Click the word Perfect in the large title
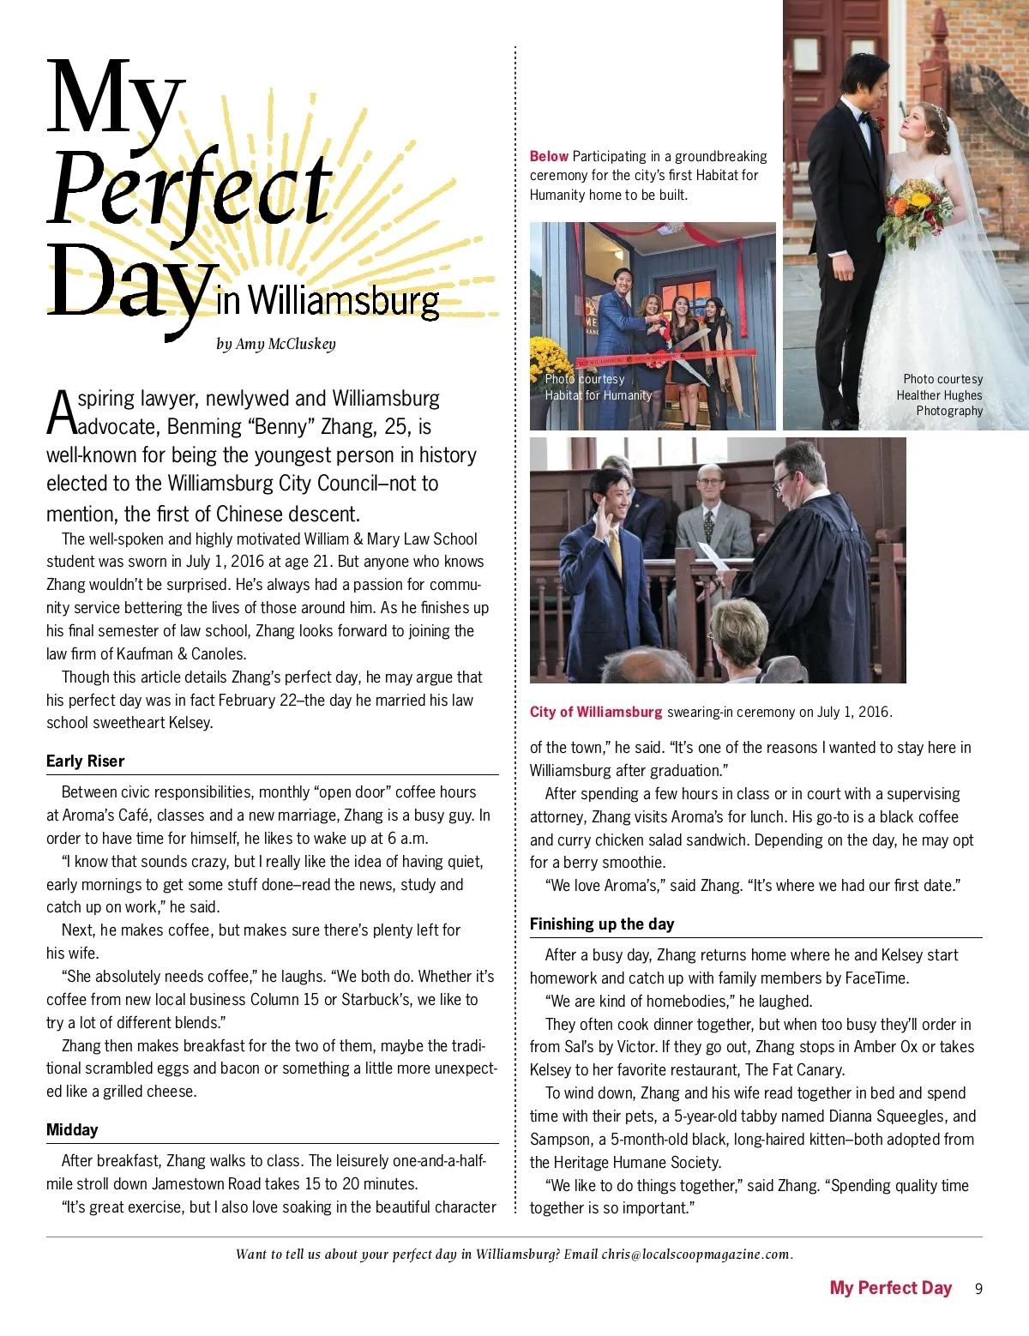click(x=190, y=190)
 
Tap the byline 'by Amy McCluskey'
click(x=275, y=344)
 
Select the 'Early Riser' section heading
click(x=85, y=761)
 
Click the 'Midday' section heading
click(x=72, y=1130)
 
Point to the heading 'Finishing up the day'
click(x=601, y=924)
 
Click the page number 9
click(x=978, y=1289)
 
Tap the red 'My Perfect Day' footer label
click(x=890, y=1288)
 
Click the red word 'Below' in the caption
click(x=549, y=156)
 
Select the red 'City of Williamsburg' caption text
click(x=595, y=712)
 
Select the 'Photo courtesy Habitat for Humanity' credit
click(x=598, y=387)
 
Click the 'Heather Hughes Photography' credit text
click(x=940, y=395)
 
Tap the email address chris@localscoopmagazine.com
click(x=695, y=1254)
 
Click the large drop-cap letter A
click(x=61, y=413)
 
